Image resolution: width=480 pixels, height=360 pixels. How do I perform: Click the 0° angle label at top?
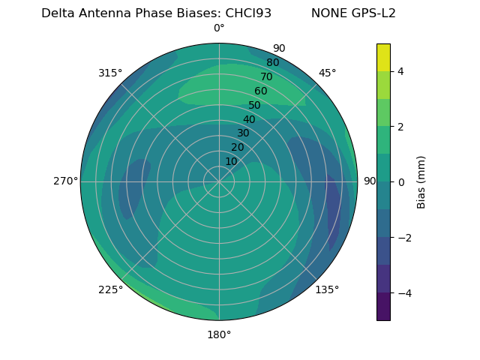click(x=219, y=28)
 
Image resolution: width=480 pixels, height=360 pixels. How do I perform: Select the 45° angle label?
click(x=327, y=73)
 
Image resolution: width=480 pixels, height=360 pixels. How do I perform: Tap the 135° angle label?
click(x=327, y=289)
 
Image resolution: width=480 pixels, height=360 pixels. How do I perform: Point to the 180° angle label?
click(x=219, y=334)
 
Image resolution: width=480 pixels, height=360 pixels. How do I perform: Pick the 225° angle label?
click(x=110, y=289)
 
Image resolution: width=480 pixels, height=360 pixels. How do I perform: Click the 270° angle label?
click(x=65, y=181)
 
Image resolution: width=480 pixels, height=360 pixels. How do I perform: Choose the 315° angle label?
click(x=110, y=73)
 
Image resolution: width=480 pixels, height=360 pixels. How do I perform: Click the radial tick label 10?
click(x=231, y=161)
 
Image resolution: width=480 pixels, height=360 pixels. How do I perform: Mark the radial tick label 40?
click(x=249, y=119)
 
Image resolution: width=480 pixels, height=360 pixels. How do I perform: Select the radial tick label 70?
click(x=266, y=76)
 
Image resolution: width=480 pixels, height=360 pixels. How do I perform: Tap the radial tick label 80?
click(x=272, y=62)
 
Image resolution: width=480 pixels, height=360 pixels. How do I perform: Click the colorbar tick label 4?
click(x=400, y=71)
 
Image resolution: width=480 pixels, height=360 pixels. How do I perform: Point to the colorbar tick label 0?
click(x=400, y=181)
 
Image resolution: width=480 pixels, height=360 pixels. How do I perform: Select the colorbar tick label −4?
click(x=403, y=292)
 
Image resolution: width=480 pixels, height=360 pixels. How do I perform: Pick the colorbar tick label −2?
click(x=403, y=237)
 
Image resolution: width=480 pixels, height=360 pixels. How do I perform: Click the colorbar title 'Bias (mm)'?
click(x=421, y=181)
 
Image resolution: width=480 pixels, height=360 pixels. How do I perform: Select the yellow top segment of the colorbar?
click(x=383, y=57)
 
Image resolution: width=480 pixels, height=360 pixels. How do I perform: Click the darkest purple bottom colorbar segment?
click(x=383, y=307)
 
